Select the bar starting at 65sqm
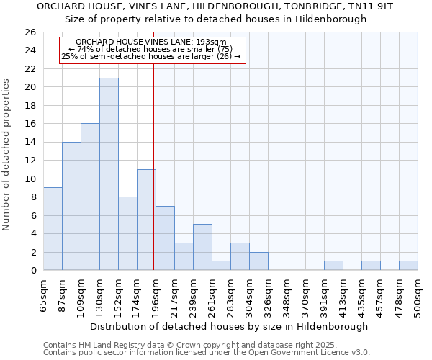[53, 229]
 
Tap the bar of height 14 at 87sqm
[71, 206]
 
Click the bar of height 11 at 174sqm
[146, 220]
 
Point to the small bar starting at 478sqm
[408, 266]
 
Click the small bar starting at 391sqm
[333, 266]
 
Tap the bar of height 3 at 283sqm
[240, 256]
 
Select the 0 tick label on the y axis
[34, 271]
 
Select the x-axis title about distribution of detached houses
[230, 326]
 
